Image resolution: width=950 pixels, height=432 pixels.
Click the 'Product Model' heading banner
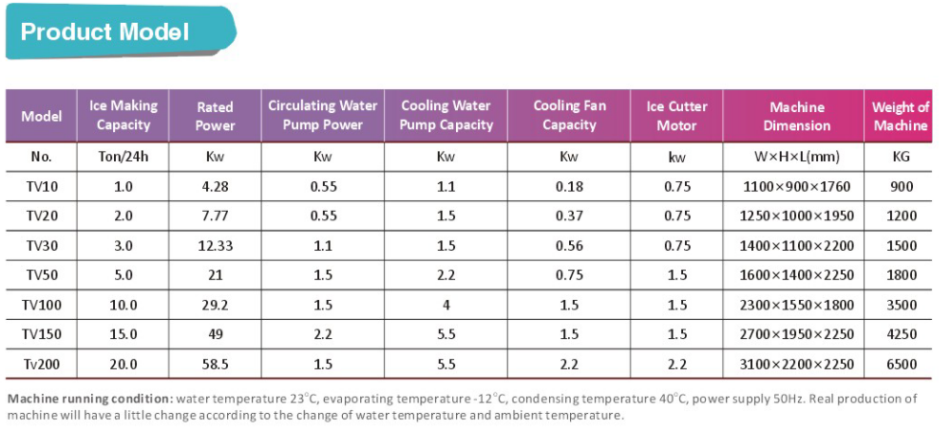[105, 31]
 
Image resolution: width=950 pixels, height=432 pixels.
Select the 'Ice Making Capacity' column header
[123, 115]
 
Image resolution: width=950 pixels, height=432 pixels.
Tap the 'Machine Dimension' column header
[797, 116]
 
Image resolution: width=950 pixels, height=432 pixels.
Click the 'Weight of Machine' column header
[901, 116]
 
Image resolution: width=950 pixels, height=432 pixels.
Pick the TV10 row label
[42, 187]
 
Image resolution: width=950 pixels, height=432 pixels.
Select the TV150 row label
[42, 334]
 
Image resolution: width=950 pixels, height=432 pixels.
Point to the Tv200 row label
[42, 364]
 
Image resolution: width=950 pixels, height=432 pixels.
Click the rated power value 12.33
[215, 246]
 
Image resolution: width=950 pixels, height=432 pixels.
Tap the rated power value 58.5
[215, 364]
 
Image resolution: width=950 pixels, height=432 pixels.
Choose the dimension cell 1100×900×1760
[796, 187]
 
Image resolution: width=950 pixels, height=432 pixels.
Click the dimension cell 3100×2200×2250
[796, 364]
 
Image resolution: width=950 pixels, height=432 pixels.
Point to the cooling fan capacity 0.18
[569, 187]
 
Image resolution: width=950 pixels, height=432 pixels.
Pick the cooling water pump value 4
[446, 305]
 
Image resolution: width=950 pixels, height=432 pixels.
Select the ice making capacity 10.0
[123, 305]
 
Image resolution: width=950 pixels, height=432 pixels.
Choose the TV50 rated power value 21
[215, 275]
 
